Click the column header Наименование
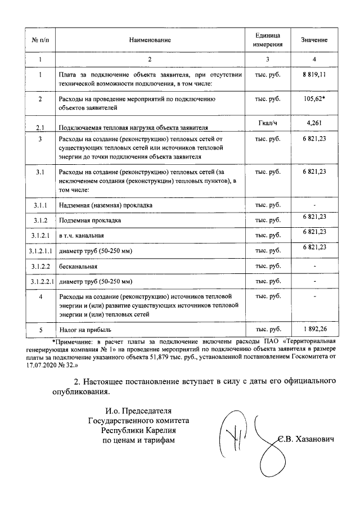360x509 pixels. [149, 40]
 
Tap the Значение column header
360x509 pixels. [314, 40]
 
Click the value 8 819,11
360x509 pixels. [314, 74]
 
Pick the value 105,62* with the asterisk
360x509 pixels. [314, 98]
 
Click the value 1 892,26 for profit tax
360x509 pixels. [314, 329]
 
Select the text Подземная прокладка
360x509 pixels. [90, 220]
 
